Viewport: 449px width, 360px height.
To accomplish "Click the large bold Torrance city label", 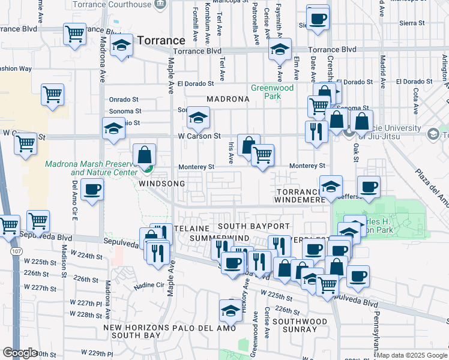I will click(x=161, y=41).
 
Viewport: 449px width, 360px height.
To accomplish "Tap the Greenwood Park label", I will click(x=272, y=92).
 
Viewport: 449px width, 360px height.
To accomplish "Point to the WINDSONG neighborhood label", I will click(x=162, y=182).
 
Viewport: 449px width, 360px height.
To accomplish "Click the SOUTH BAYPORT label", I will click(x=253, y=226).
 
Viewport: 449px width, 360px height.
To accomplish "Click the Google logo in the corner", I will click(x=20, y=353).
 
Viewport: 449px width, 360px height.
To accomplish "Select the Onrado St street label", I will click(x=123, y=100).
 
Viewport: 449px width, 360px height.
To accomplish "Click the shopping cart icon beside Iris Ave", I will click(x=262, y=155).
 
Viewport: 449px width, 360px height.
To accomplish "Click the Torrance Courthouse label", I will click(x=112, y=4).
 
